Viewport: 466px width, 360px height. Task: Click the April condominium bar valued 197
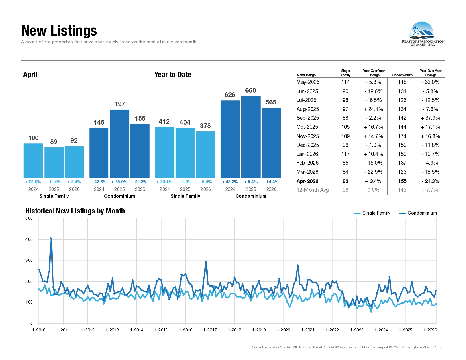coord(119,143)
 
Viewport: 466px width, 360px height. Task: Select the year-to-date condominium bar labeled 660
coord(251,137)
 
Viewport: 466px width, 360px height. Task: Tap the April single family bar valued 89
coord(54,163)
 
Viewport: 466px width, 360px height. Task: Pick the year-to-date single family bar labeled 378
coord(205,154)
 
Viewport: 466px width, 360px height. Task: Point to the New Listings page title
coord(59,30)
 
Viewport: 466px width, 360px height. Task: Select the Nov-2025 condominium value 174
coord(402,136)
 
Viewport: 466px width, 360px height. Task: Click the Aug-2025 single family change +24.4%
coord(373,109)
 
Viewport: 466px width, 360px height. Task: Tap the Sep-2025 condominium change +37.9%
coord(430,118)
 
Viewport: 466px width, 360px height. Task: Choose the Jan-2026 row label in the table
coord(307,154)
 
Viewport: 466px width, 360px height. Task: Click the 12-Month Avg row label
coord(313,190)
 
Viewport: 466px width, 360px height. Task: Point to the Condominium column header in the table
coord(402,75)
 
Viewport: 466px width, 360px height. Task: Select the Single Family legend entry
coord(372,213)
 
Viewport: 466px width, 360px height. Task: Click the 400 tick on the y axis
coord(29,239)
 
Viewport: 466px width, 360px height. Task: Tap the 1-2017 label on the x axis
coord(210,330)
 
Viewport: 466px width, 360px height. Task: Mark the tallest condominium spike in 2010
coord(51,238)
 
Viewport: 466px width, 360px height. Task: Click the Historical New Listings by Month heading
coord(75,211)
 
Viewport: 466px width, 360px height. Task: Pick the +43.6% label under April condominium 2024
coord(99,182)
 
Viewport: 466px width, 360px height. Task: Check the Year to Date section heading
coord(173,75)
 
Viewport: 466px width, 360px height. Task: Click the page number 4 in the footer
coord(444,347)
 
